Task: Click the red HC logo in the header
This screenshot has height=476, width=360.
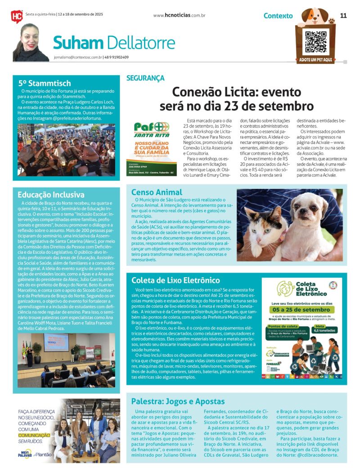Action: [x=17, y=16]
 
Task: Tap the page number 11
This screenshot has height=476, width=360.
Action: [x=343, y=15]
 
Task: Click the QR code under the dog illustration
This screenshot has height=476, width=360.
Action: [x=315, y=41]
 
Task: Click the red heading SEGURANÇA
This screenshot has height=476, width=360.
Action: [x=145, y=78]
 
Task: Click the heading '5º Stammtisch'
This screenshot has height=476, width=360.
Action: [x=45, y=83]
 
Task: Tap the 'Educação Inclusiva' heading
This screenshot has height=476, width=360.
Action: [x=51, y=195]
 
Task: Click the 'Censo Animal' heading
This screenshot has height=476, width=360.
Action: [x=157, y=193]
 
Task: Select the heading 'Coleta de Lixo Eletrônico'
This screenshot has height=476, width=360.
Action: [x=175, y=280]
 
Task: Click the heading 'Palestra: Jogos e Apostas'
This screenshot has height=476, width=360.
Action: [x=178, y=401]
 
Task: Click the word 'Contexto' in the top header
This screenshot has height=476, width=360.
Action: [x=278, y=16]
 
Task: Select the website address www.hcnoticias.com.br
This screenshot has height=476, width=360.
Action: [x=179, y=15]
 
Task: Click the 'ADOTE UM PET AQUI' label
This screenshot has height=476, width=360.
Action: [x=315, y=60]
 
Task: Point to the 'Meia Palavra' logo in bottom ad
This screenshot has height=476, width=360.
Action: [x=25, y=454]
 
